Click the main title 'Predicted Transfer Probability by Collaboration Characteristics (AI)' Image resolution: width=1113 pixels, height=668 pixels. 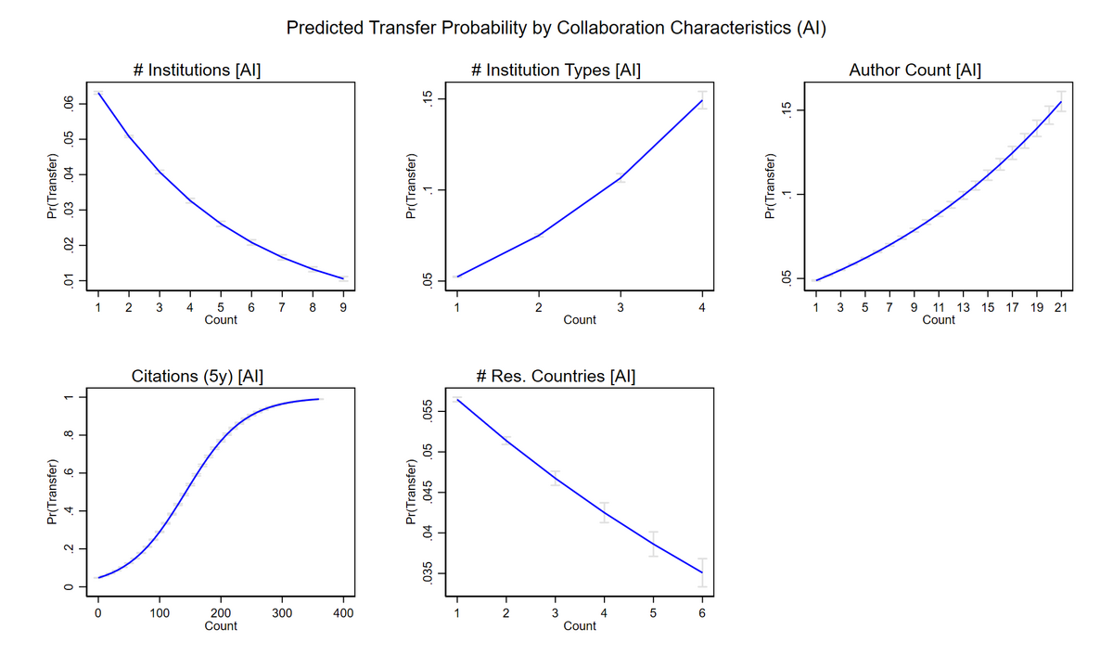(556, 27)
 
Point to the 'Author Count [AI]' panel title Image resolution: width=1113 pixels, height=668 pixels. (915, 70)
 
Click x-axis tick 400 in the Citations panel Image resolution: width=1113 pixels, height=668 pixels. (343, 612)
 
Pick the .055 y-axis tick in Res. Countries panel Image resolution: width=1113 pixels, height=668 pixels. (427, 411)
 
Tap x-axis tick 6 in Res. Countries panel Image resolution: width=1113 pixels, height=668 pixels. (702, 612)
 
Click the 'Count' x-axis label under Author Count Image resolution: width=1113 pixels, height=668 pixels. (939, 319)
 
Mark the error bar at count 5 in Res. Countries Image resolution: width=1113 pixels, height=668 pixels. (653, 544)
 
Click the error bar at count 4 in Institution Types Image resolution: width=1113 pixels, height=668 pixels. (702, 99)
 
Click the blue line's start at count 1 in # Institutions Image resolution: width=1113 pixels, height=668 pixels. (98, 92)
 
